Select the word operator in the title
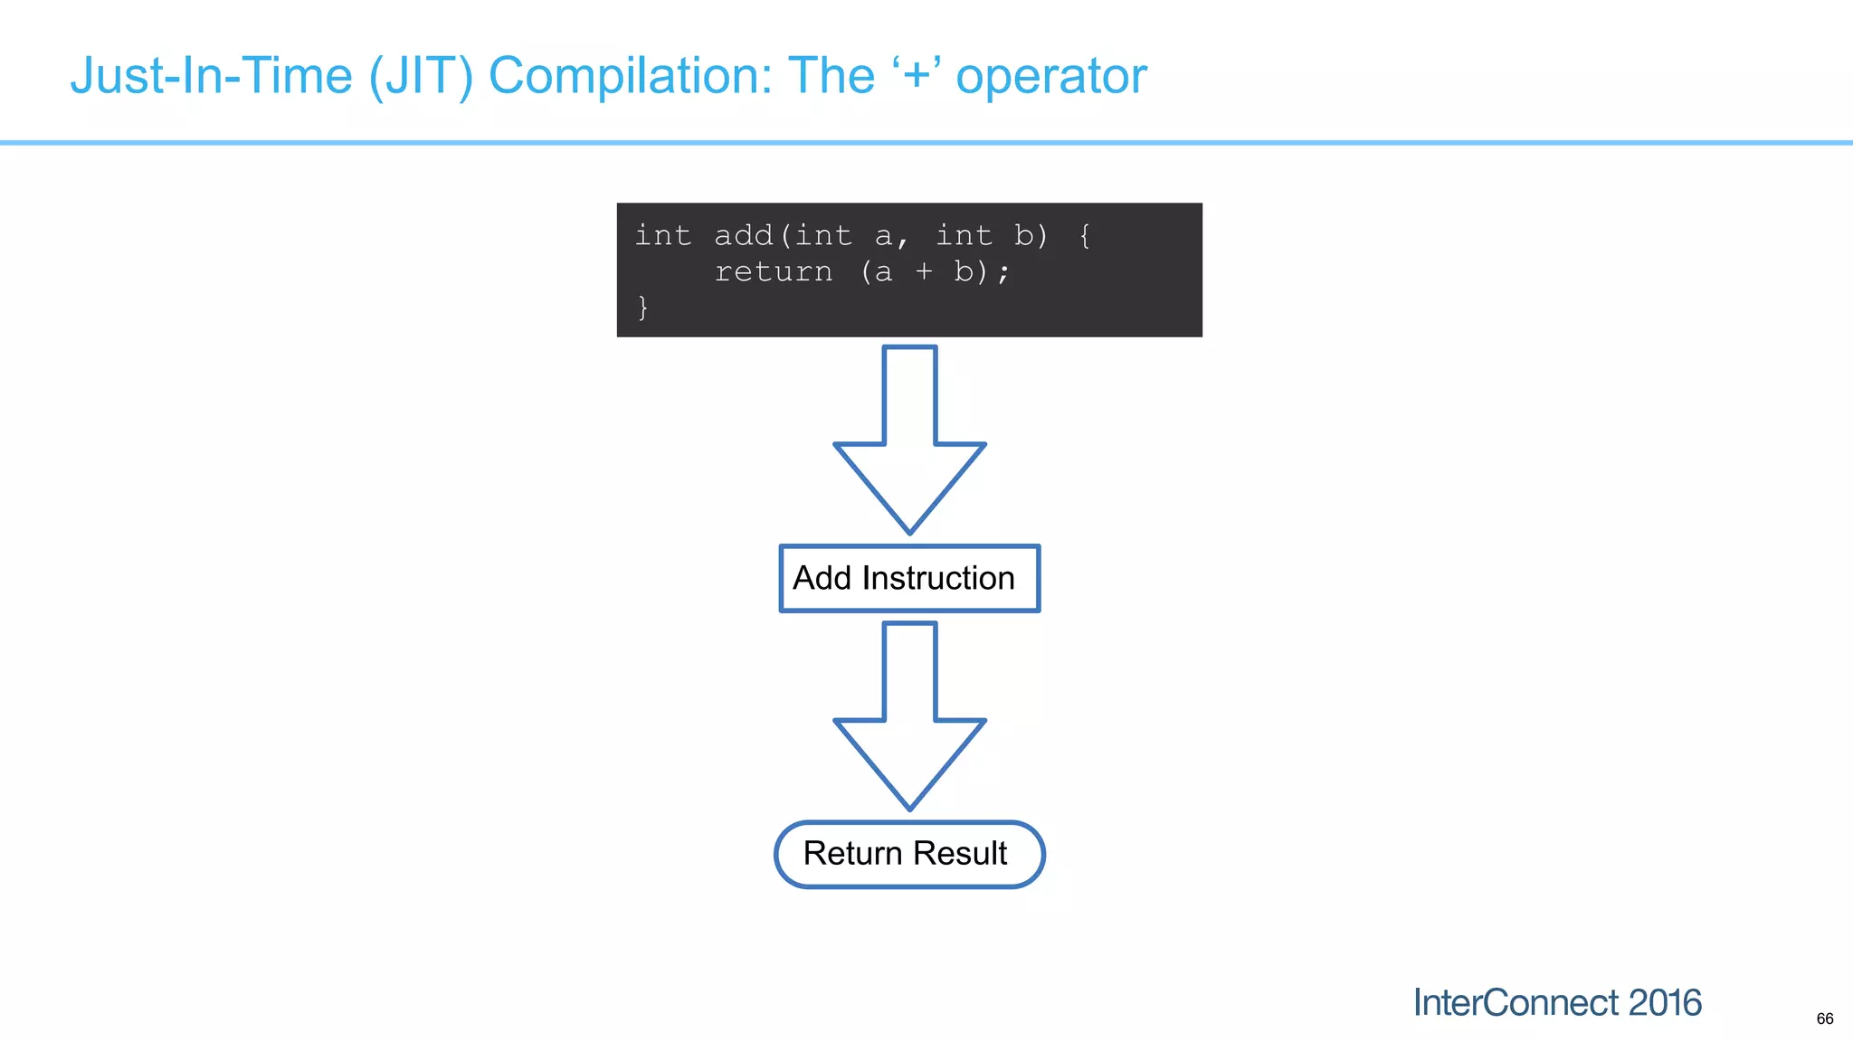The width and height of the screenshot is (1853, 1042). point(1051,76)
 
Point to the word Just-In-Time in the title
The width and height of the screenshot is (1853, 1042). point(211,76)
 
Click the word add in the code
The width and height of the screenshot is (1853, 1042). point(743,235)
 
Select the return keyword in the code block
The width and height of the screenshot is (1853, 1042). point(773,271)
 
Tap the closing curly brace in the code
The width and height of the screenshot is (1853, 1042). point(642,308)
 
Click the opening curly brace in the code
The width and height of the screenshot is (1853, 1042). point(1084,235)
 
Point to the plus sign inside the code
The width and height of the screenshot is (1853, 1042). point(923,271)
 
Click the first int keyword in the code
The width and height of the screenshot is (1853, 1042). point(662,235)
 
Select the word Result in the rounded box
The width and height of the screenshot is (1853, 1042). point(959,853)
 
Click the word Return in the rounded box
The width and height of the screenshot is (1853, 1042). point(852,853)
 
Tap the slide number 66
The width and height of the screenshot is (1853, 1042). point(1825,1018)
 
